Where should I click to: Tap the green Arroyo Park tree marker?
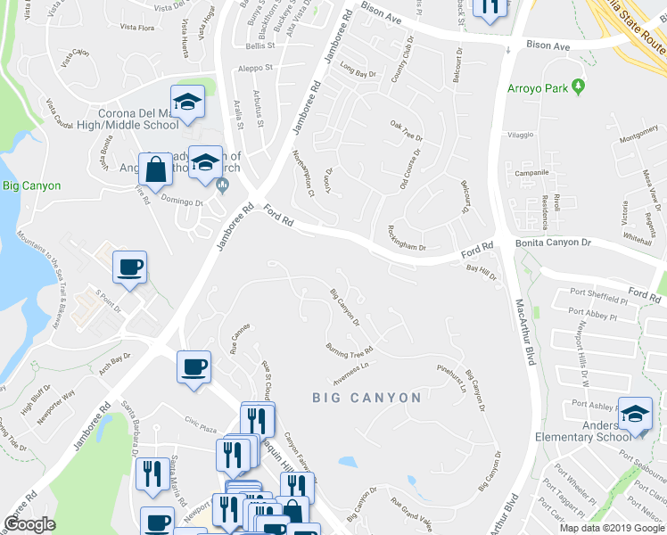(x=580, y=86)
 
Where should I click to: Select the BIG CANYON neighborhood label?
(x=367, y=398)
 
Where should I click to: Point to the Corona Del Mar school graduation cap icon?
(x=188, y=102)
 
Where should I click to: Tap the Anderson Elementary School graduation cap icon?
(x=635, y=413)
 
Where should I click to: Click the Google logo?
(x=30, y=524)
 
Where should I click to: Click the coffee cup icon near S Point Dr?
(x=129, y=266)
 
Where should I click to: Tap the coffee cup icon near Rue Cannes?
(x=194, y=366)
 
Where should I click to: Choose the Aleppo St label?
(x=255, y=67)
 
